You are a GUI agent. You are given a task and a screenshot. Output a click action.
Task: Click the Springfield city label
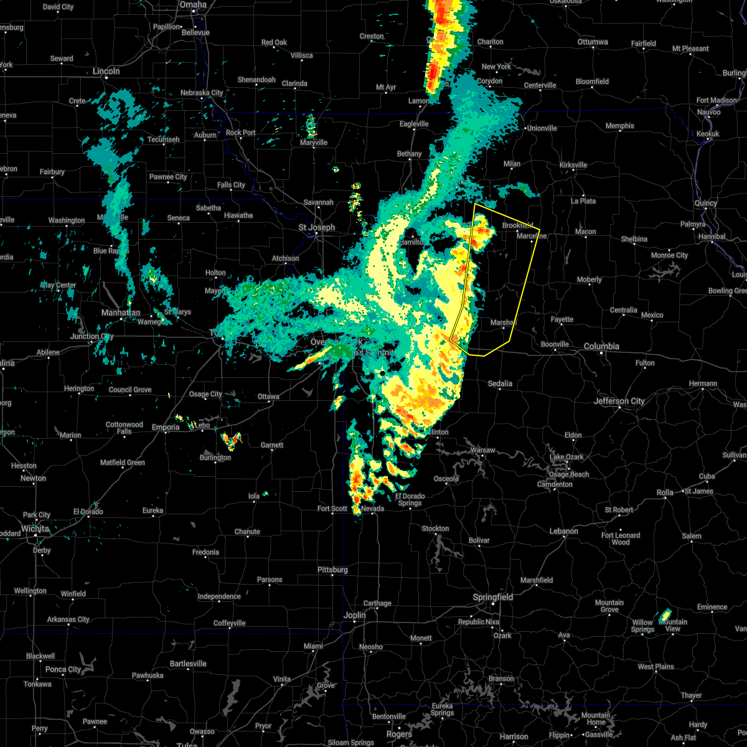(493, 597)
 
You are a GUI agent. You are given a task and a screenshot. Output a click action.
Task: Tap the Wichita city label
(35, 529)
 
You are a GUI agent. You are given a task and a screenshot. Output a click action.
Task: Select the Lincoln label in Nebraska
(106, 71)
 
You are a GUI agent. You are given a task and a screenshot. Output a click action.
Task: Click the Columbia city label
(601, 346)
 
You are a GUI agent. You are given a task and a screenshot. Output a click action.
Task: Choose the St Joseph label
(316, 227)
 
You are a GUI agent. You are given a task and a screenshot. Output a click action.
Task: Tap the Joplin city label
(355, 615)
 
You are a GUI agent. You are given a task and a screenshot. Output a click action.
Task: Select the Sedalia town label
(500, 383)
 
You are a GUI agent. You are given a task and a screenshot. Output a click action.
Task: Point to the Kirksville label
(573, 165)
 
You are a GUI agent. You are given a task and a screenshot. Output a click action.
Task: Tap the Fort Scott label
(332, 509)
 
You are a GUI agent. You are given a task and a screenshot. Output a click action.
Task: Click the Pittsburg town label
(332, 570)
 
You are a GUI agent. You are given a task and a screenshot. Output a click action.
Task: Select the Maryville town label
(313, 143)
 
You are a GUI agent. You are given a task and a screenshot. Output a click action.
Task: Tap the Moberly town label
(589, 280)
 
